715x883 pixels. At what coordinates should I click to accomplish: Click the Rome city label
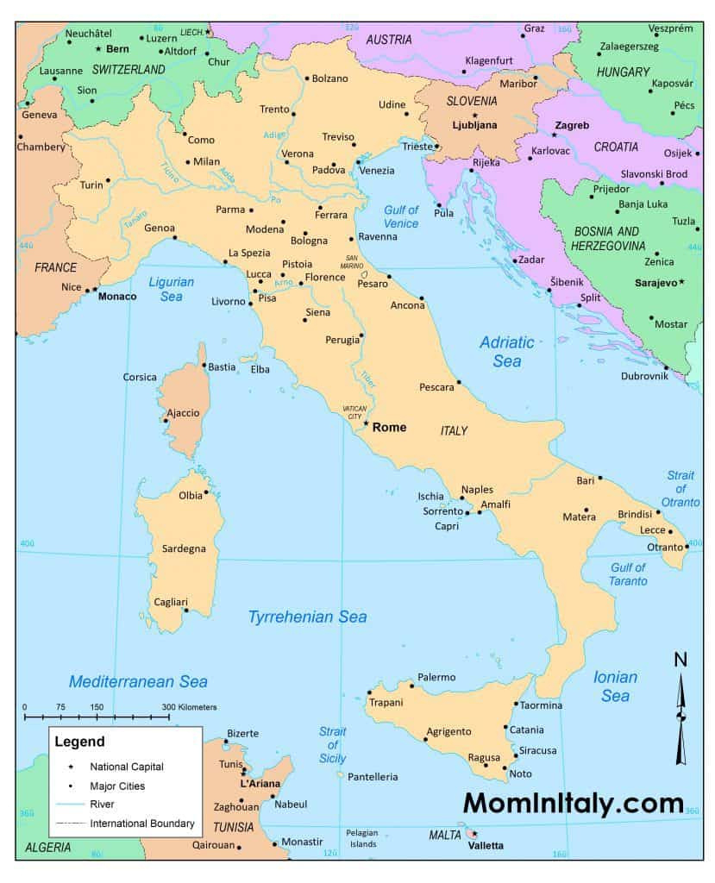(x=389, y=427)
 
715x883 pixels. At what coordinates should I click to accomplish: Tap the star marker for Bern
(x=98, y=48)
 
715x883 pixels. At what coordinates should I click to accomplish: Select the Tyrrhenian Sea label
(x=307, y=617)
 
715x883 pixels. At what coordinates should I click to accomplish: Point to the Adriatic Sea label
(x=507, y=352)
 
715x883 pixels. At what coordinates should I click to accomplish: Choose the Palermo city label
(x=436, y=677)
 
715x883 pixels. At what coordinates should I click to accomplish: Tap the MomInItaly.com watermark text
(x=574, y=803)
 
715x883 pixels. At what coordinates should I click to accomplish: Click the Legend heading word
(x=79, y=741)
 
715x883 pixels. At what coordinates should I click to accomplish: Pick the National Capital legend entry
(x=126, y=766)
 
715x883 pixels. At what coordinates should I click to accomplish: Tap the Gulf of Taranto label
(x=628, y=573)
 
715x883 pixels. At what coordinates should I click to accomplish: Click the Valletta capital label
(x=485, y=846)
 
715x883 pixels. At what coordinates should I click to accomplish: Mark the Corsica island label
(x=141, y=377)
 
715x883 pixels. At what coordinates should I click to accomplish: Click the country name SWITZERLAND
(x=129, y=68)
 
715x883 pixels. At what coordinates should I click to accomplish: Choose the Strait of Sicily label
(x=332, y=745)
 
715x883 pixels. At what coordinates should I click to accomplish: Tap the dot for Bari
(x=600, y=478)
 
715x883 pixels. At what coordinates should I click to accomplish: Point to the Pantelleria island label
(x=373, y=777)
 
